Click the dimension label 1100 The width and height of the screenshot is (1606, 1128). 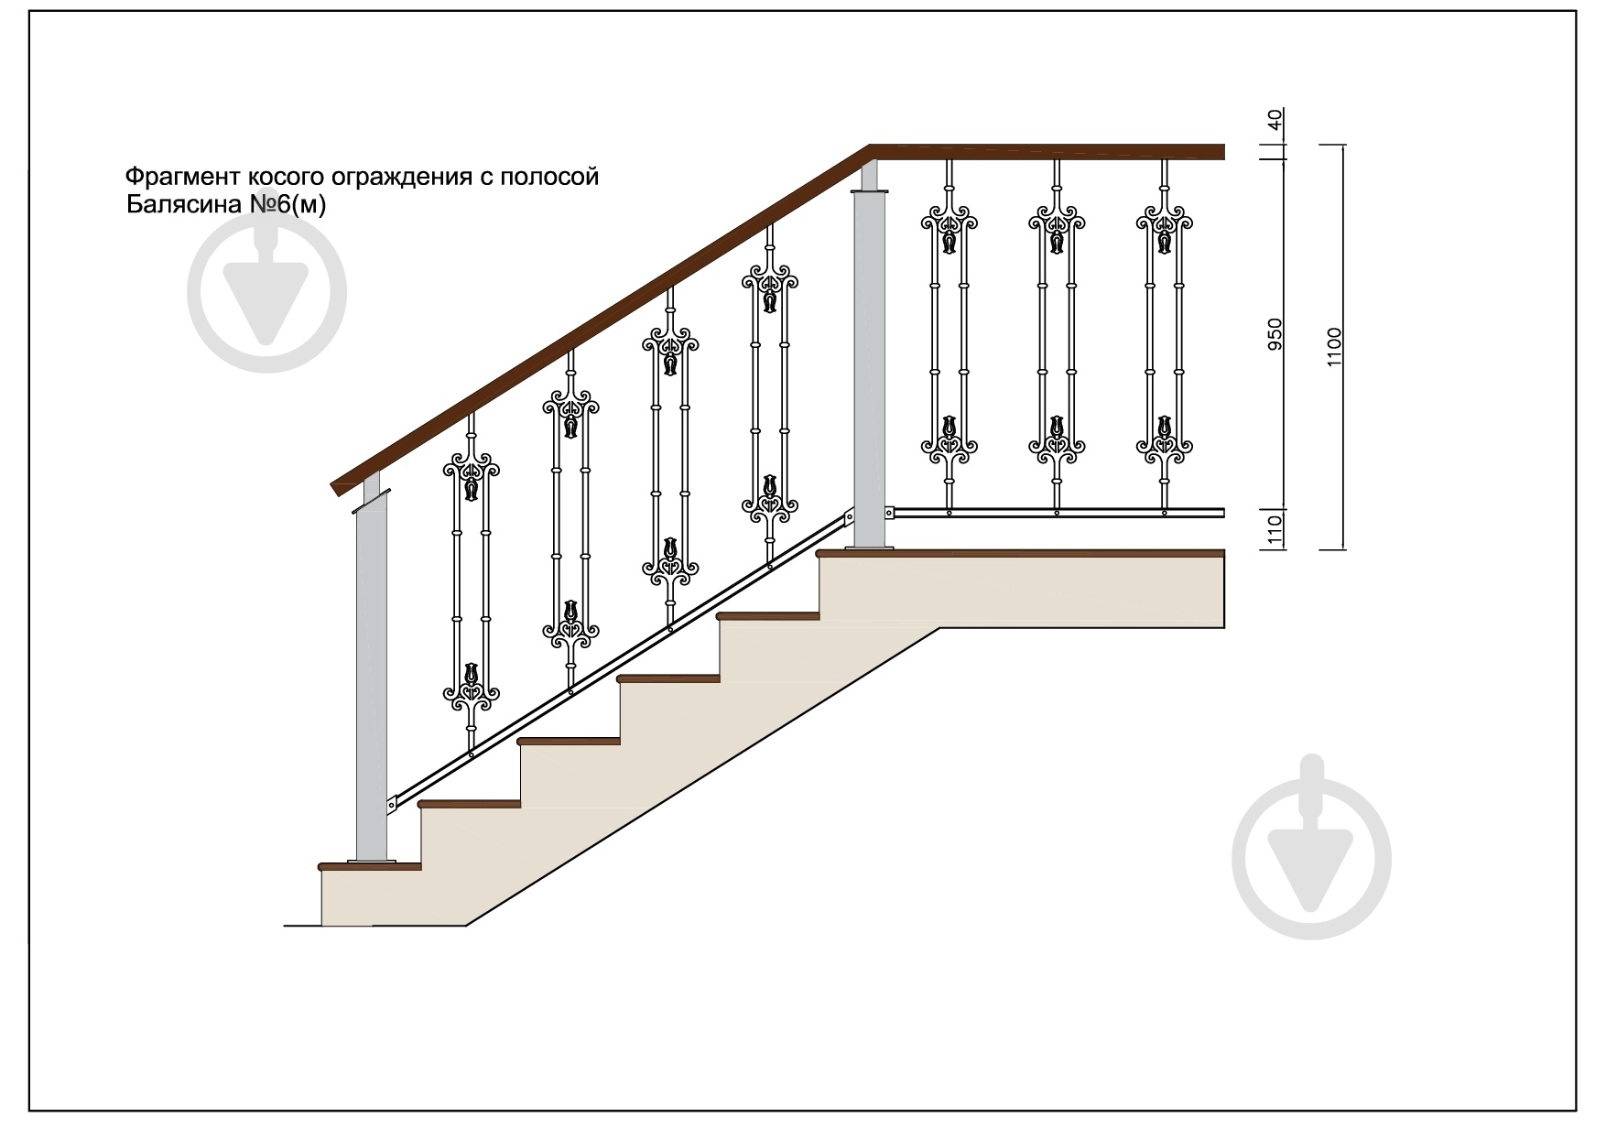tap(1334, 347)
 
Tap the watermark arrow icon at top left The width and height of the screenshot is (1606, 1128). tap(267, 293)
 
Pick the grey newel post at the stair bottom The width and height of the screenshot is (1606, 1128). tap(372, 673)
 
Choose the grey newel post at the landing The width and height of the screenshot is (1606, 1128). tap(870, 357)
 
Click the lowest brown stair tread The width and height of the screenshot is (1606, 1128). tap(369, 865)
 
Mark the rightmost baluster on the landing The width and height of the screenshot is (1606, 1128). tap(1165, 335)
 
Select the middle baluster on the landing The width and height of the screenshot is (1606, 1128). tap(1057, 335)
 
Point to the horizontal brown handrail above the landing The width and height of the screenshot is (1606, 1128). tap(1047, 152)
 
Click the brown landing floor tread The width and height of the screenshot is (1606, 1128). tap(1021, 553)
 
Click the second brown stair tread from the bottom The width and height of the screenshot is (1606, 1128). tap(470, 804)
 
